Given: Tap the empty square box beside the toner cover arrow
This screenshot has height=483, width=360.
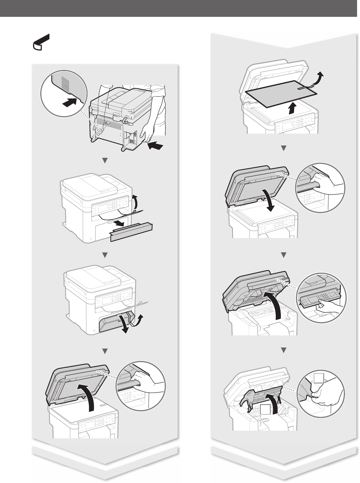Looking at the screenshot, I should coord(266,410).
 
